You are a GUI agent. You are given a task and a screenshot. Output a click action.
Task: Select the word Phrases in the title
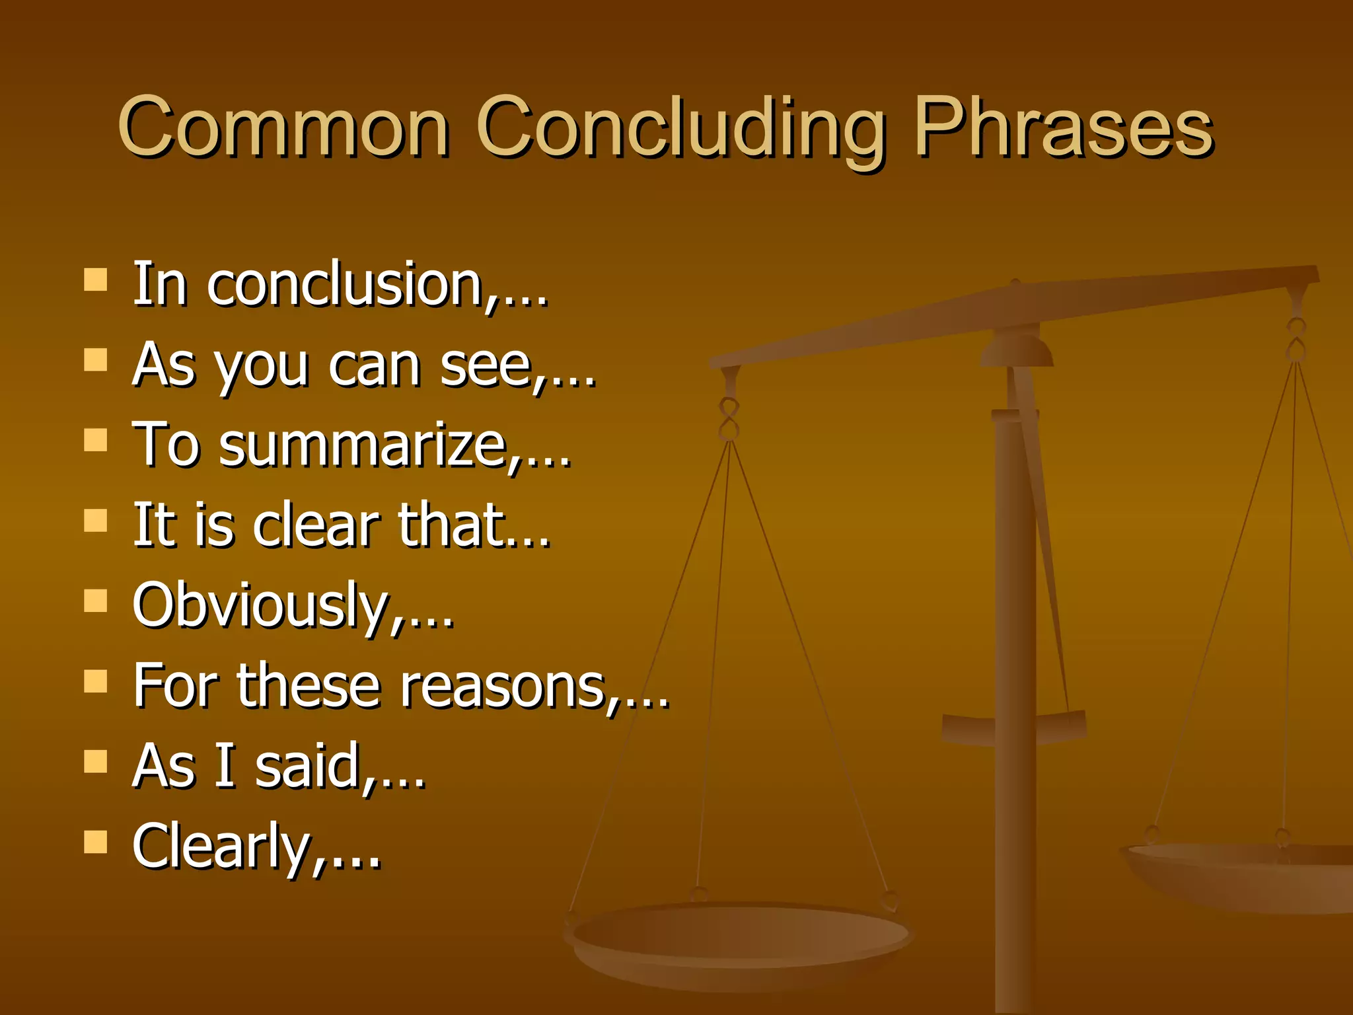(x=1064, y=127)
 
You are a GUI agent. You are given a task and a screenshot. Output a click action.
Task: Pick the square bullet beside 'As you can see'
(x=96, y=360)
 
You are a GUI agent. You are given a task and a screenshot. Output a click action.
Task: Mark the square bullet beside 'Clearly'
(x=96, y=842)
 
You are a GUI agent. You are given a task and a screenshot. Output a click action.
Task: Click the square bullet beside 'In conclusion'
(x=96, y=280)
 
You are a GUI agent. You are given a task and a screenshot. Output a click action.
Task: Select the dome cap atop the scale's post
(x=1016, y=349)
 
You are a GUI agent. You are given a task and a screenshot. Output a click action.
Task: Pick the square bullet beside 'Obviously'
(x=96, y=601)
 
